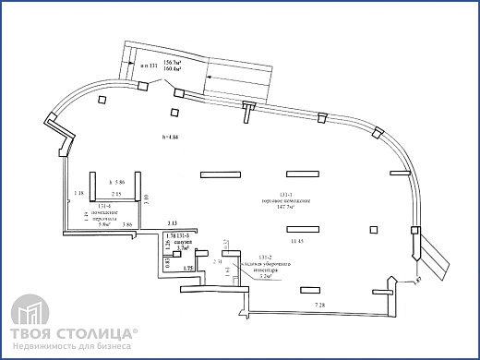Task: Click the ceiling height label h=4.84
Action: (x=167, y=138)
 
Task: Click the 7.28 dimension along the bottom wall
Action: (x=319, y=305)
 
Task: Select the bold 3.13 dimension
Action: (x=173, y=224)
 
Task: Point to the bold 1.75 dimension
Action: (x=188, y=268)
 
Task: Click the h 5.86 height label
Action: (x=115, y=182)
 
